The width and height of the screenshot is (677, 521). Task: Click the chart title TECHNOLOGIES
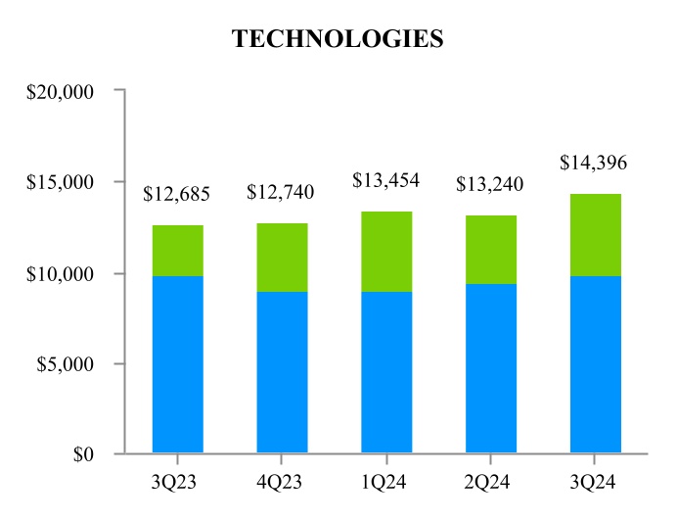pos(338,39)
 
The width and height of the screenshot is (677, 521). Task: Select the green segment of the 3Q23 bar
pos(178,251)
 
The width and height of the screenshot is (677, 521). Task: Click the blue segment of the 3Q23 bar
pos(178,364)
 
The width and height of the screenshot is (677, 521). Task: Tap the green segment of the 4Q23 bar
pos(282,258)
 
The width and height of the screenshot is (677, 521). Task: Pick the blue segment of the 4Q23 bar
pos(282,372)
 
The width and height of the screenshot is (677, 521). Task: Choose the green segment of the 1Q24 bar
pos(386,252)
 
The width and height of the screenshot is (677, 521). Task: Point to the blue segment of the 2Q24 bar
pos(490,368)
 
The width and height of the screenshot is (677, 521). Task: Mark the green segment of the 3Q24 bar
pos(595,235)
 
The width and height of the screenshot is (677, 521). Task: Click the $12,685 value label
pos(176,194)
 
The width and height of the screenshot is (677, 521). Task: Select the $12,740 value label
pos(281,193)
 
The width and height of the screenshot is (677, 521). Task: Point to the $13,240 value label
pos(490,184)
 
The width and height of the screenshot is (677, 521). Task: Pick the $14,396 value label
pos(593,163)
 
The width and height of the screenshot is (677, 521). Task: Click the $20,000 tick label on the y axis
pos(63,91)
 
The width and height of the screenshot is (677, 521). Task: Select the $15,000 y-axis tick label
pos(63,182)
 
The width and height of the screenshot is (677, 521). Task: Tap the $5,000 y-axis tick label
pos(67,364)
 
